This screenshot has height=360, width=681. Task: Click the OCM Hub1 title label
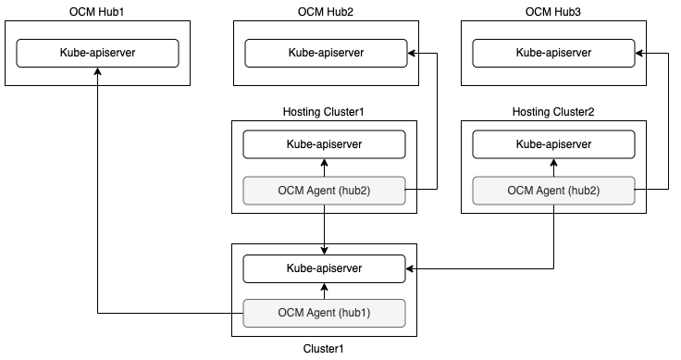click(97, 10)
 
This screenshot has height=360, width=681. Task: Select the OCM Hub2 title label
click(324, 10)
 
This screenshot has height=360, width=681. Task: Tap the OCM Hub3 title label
click(553, 10)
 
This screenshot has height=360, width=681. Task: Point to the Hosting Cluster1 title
click(324, 112)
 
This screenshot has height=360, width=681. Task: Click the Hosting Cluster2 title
click(553, 112)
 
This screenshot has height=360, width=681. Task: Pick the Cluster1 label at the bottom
click(324, 350)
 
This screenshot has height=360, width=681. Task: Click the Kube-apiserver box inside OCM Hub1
click(97, 54)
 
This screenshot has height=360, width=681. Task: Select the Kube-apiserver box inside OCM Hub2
click(324, 54)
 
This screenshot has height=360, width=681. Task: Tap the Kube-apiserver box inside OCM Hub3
click(553, 54)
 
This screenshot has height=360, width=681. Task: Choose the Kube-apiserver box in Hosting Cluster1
click(324, 144)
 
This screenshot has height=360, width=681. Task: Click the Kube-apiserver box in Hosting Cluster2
click(553, 144)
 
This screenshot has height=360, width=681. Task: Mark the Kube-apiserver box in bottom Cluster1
click(324, 268)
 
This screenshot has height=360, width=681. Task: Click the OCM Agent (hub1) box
click(324, 314)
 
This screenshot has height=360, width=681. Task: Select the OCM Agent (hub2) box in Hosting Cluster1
click(324, 190)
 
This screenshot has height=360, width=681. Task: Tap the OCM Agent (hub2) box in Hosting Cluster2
click(553, 190)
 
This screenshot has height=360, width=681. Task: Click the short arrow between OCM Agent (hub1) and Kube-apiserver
click(324, 291)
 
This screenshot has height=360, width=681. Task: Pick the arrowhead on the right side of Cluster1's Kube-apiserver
click(411, 268)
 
